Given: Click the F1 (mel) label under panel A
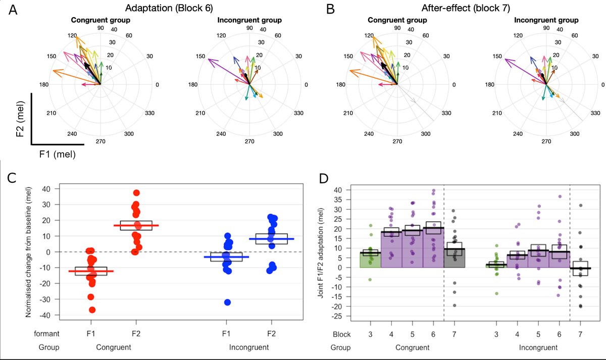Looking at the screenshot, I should point(57,155).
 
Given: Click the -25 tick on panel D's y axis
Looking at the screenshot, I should point(345,316).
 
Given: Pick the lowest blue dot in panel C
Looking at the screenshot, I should point(227,302).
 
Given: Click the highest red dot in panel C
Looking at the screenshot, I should point(136,192).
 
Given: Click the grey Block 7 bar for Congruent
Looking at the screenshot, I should point(454,258).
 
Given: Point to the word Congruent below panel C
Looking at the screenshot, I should point(114,347).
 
